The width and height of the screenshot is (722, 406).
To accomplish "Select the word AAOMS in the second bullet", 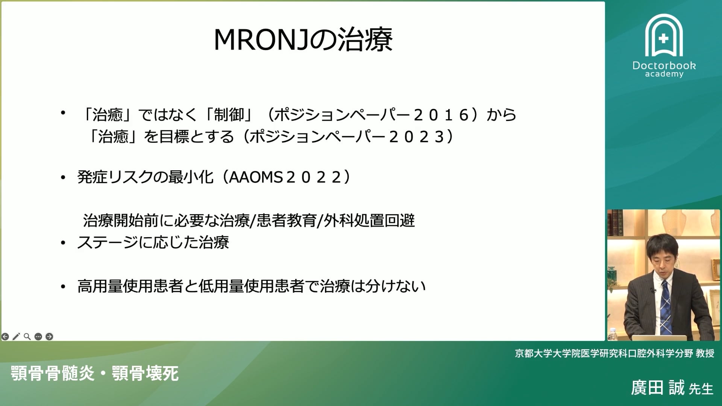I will pos(255,177).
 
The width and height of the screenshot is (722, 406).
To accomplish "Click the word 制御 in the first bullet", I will pos(229,115).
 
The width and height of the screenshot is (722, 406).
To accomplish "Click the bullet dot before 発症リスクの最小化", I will pos(63,177).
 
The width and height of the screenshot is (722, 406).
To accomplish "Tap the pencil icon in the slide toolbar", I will pos(16,336).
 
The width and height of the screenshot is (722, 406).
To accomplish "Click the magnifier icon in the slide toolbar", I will pos(27,336).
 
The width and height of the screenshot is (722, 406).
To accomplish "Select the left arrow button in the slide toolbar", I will pos(5,336).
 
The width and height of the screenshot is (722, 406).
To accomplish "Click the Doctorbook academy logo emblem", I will pos(664,36).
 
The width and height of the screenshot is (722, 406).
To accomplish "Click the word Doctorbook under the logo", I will pos(664,65).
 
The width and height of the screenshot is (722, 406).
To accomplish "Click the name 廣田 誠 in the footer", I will pos(658,388).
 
